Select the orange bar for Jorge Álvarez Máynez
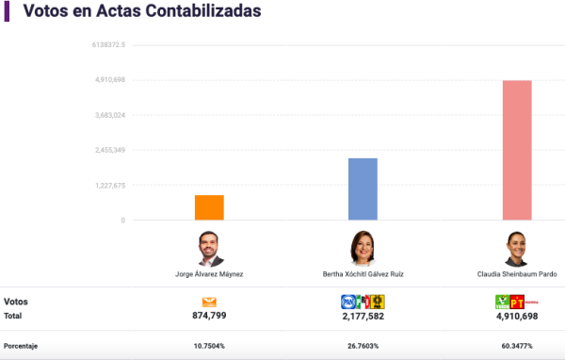tap(209, 207)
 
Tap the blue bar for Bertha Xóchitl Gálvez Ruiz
tap(363, 188)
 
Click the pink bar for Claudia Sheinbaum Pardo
tap(517, 150)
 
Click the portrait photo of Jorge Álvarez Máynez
tap(209, 248)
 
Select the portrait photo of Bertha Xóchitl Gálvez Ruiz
tap(363, 248)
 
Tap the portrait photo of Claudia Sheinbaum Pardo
tap(517, 248)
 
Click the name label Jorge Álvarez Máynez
tap(209, 274)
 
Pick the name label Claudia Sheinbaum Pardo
tap(517, 274)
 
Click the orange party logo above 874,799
tap(209, 302)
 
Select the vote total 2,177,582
tap(363, 317)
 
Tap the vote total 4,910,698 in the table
tap(517, 317)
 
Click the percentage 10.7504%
tap(209, 346)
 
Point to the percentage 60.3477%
tap(517, 346)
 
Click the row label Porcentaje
tap(22, 346)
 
